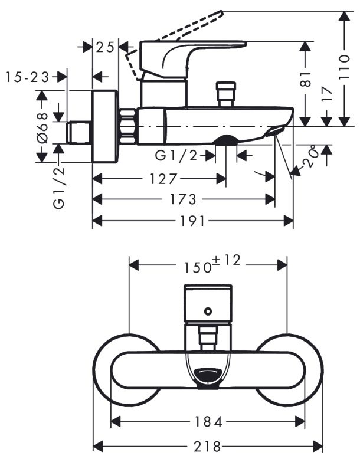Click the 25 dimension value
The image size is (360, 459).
point(106,47)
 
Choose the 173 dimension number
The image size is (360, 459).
point(184,199)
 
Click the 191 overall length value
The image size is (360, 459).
point(193,221)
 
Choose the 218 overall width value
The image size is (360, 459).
point(208,446)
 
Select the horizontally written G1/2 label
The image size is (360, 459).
point(176,156)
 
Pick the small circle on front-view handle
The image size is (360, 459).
point(207,310)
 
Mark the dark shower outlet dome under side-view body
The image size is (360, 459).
point(225,140)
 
